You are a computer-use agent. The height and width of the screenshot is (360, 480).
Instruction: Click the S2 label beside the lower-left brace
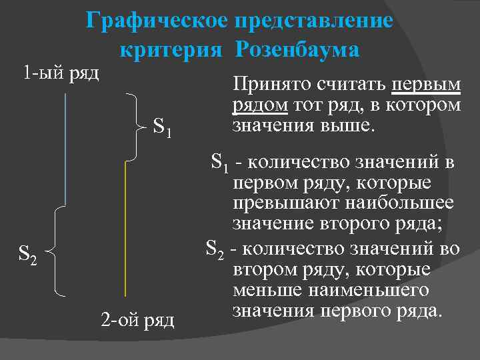[29, 254]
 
